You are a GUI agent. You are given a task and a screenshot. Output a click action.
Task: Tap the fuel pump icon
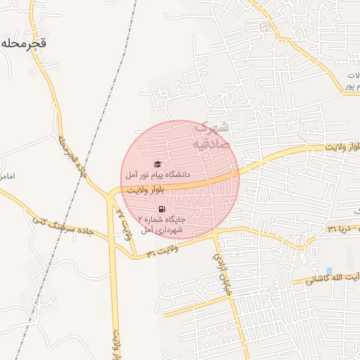[x=162, y=209]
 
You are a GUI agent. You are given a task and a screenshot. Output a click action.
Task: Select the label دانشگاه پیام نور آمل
[x=157, y=174]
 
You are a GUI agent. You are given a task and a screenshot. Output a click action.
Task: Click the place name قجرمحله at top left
[x=23, y=42]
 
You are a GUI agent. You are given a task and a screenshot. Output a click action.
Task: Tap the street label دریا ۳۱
[x=341, y=230]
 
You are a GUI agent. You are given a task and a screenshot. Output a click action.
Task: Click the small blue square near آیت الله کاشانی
[x=328, y=271]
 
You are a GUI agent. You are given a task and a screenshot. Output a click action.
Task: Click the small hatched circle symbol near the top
[x=265, y=27]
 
